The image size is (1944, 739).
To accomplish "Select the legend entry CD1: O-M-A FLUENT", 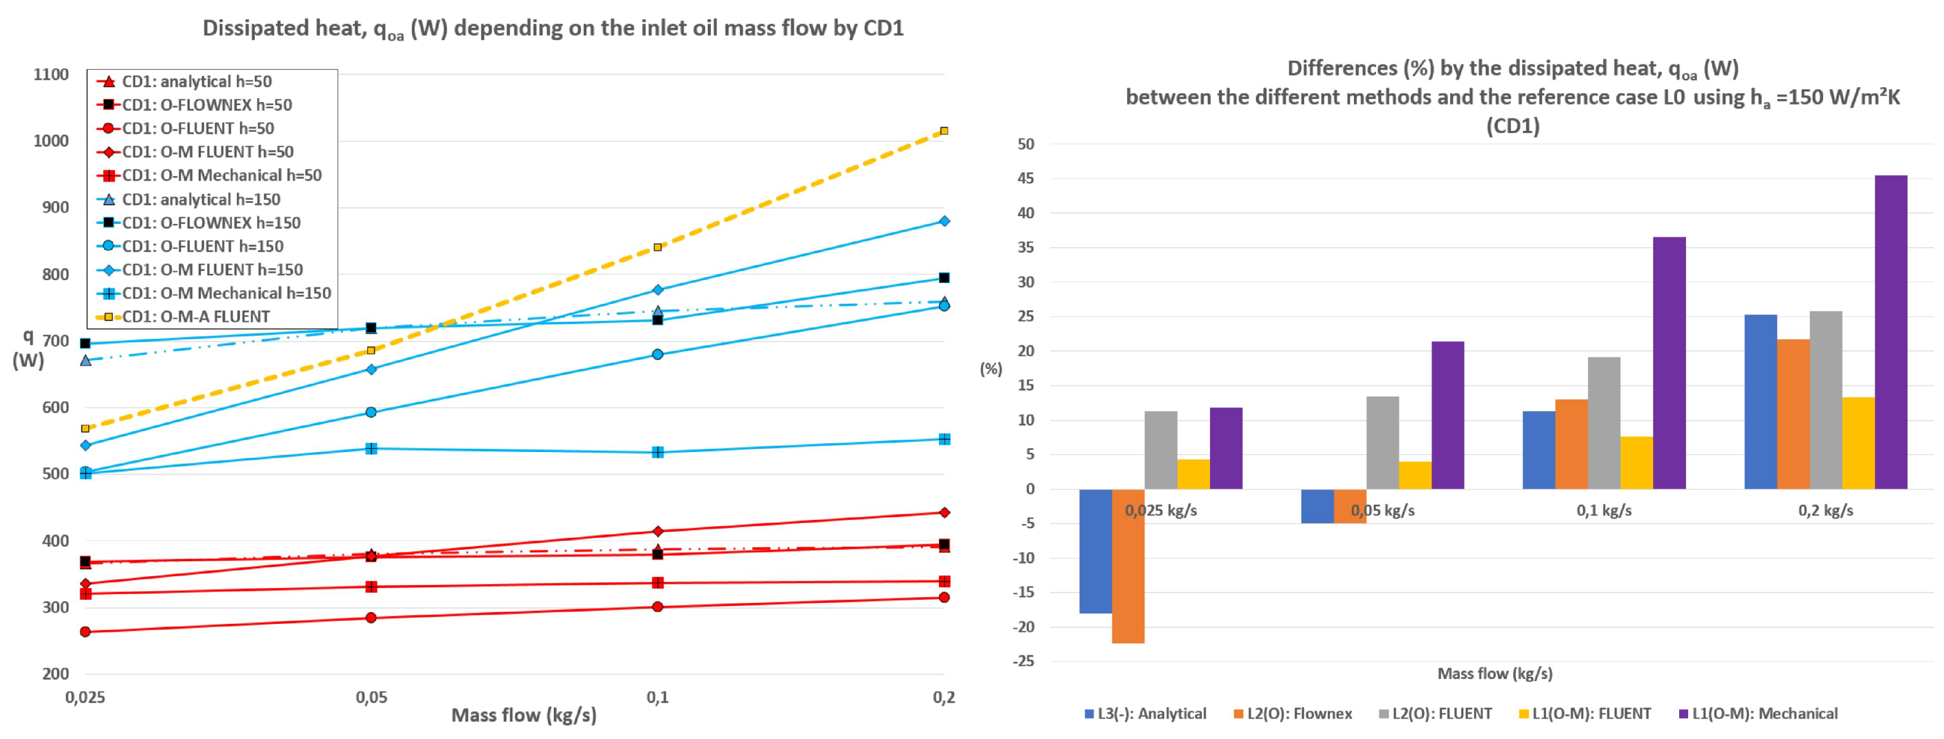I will pyautogui.click(x=195, y=317).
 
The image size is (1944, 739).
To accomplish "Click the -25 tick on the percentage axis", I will pyautogui.click(x=1023, y=661).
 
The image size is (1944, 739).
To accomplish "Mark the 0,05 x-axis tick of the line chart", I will pyautogui.click(x=371, y=697).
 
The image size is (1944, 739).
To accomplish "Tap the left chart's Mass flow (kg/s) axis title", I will pyautogui.click(x=524, y=715).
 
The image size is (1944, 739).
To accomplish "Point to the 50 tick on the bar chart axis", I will pyautogui.click(x=1026, y=144).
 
